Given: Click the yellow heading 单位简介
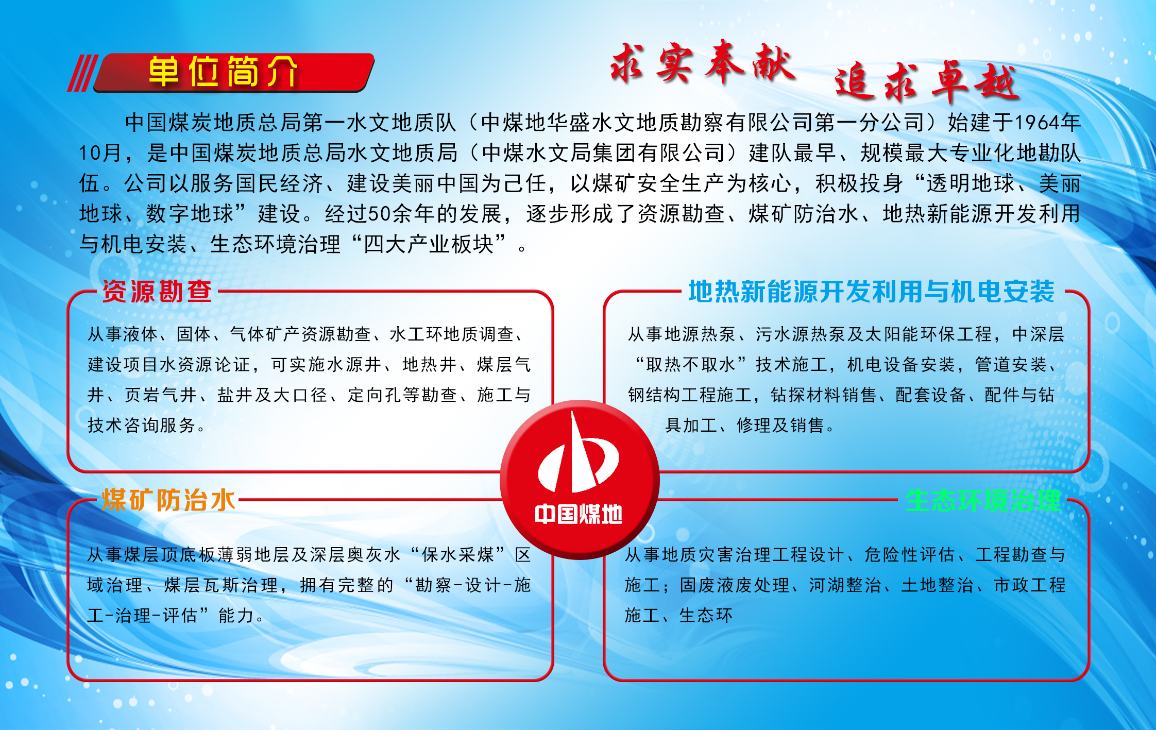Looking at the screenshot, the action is click(223, 72).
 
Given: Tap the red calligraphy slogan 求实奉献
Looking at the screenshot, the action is click(703, 62).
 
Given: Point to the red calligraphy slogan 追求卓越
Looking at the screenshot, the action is click(927, 82).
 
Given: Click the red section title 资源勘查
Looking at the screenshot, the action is click(157, 291).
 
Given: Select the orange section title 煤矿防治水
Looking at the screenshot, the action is click(168, 500).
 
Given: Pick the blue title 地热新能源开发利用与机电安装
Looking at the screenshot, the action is click(872, 292).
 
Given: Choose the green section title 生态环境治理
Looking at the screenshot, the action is click(983, 500).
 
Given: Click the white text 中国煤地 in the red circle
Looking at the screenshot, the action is click(579, 514).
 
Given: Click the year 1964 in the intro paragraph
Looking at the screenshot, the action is click(1036, 123).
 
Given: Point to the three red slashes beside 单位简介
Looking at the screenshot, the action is click(83, 73).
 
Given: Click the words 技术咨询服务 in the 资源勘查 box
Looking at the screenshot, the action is click(141, 426).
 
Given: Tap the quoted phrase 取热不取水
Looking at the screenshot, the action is click(690, 365).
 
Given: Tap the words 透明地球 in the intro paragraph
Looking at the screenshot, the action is click(970, 183).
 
